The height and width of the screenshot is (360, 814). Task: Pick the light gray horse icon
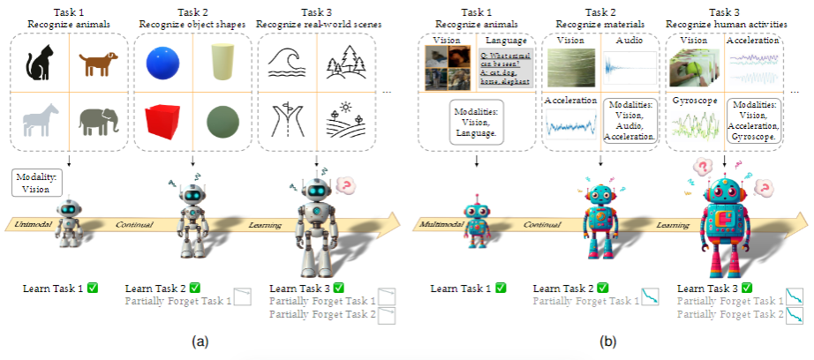[x=40, y=121]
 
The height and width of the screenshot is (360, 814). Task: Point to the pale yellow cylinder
[x=217, y=64]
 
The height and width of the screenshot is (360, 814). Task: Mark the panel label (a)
[x=200, y=340]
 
